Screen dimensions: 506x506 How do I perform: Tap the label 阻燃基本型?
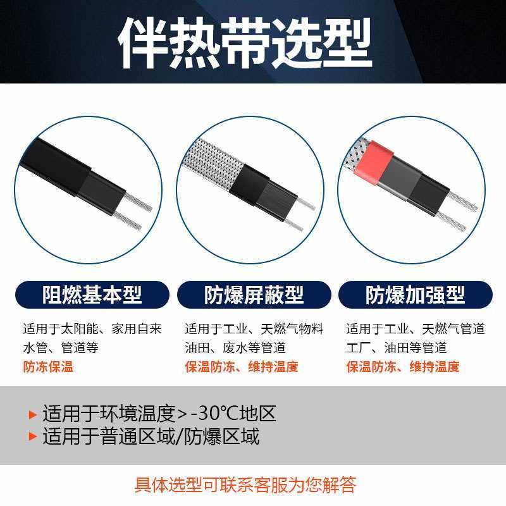(92, 294)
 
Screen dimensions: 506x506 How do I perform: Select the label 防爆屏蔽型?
(254, 294)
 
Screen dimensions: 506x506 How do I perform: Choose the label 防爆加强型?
(415, 294)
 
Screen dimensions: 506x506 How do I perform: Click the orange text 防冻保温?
(48, 367)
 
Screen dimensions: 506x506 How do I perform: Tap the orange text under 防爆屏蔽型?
(241, 367)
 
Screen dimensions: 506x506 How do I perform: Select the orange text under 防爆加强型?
(402, 367)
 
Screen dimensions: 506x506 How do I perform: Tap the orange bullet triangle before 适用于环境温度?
(33, 415)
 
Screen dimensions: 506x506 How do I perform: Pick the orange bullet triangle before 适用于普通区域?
(33, 437)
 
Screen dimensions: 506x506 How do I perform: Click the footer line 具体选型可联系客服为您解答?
(245, 485)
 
